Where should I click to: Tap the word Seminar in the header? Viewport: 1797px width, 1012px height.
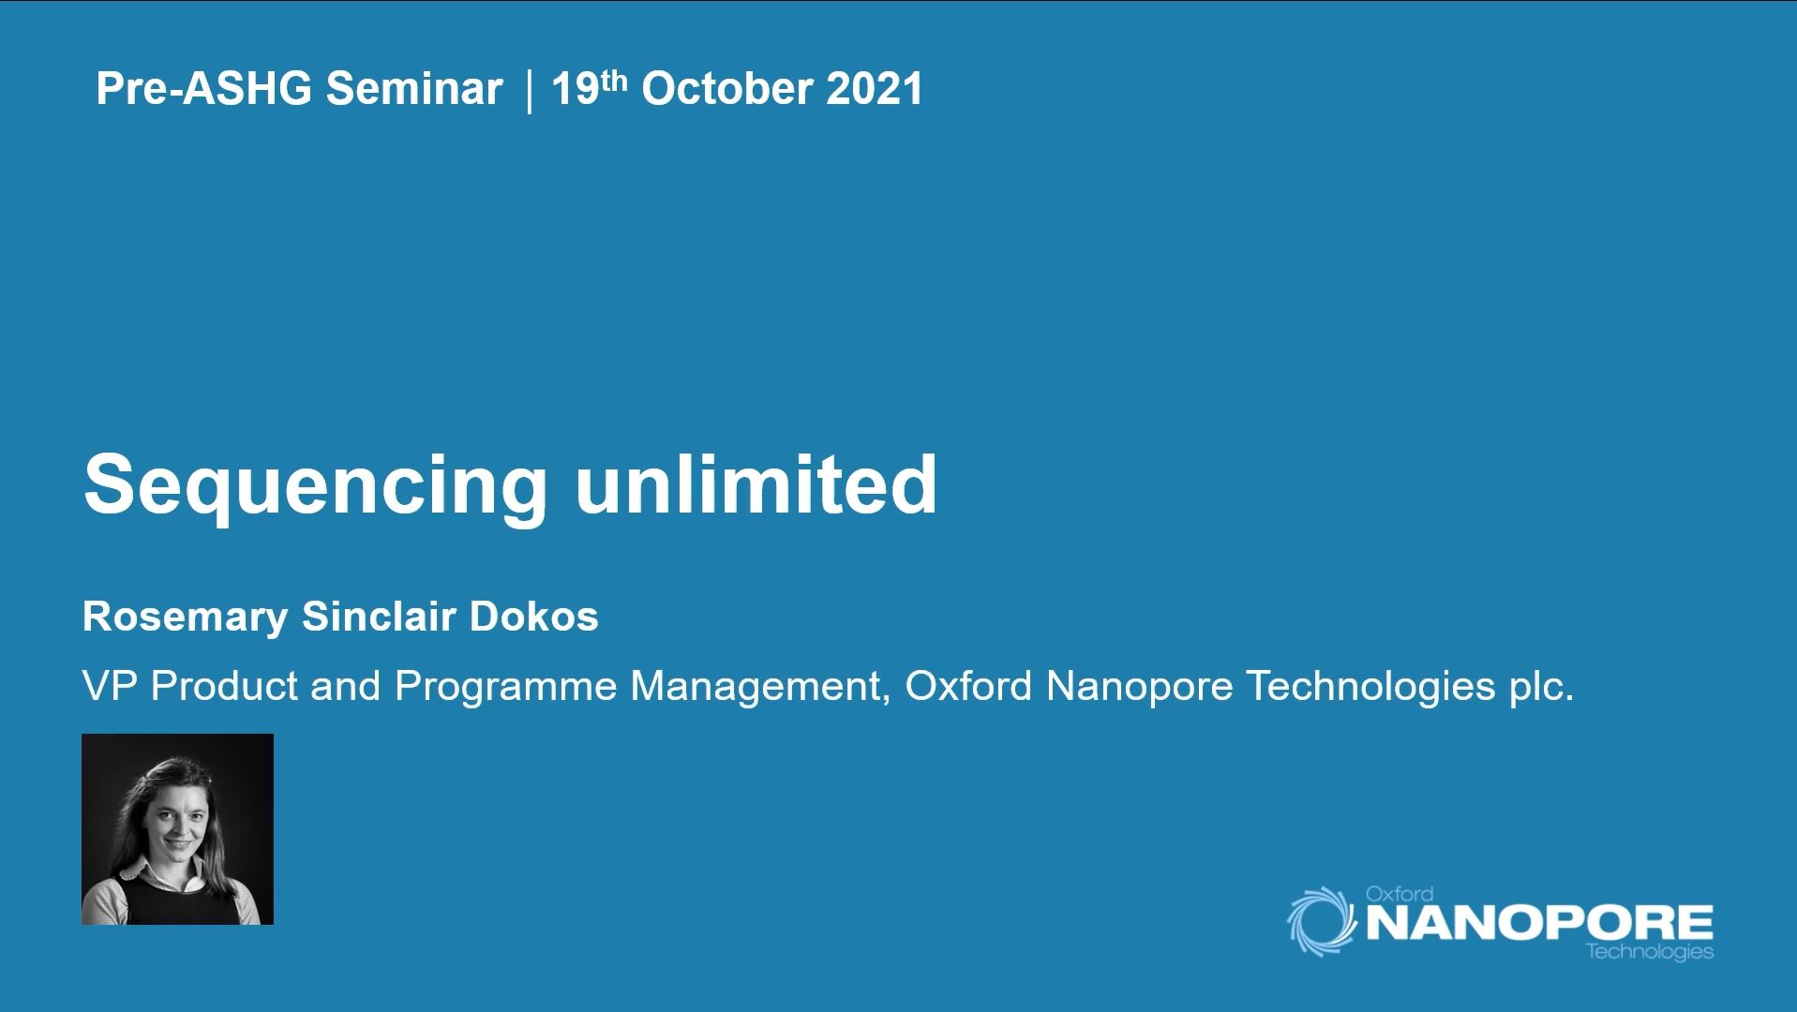click(x=414, y=89)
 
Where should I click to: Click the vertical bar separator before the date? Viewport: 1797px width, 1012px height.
click(x=529, y=89)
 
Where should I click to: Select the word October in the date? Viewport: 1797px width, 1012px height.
click(x=726, y=89)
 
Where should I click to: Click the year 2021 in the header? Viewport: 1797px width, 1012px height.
click(x=875, y=89)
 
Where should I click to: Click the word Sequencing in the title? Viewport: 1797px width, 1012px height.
click(x=315, y=485)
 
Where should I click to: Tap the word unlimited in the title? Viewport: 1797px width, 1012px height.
click(x=756, y=484)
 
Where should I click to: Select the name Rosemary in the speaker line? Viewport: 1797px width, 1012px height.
click(x=185, y=618)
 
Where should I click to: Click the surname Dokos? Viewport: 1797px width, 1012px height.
click(x=533, y=617)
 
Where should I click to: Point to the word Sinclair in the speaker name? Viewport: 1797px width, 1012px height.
click(x=379, y=617)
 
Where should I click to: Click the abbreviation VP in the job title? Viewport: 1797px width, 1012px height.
click(x=110, y=686)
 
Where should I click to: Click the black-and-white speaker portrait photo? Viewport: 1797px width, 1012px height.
click(x=177, y=829)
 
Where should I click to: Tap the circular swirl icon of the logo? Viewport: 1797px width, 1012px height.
click(x=1322, y=922)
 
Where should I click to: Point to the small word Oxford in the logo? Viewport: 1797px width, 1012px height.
click(x=1399, y=894)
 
